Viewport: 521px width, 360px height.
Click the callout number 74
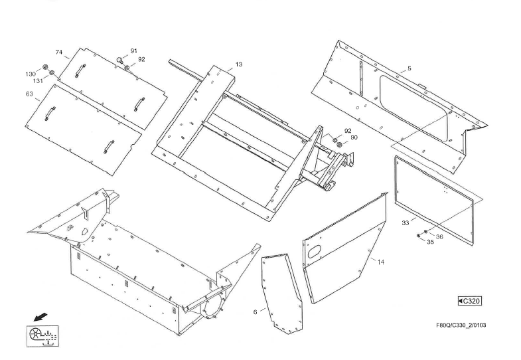click(x=58, y=52)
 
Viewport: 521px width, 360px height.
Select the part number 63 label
click(x=29, y=94)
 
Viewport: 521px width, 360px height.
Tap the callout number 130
click(x=31, y=74)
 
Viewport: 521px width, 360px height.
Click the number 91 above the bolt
click(x=133, y=51)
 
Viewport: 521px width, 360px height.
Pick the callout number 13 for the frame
click(x=239, y=64)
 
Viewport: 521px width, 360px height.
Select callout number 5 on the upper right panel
click(x=409, y=68)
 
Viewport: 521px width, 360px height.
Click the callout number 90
click(x=354, y=137)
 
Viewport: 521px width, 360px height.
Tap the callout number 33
click(x=405, y=223)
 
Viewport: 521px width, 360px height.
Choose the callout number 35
click(x=430, y=243)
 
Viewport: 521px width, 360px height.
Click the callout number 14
click(x=380, y=263)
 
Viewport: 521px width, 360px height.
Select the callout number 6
click(x=255, y=311)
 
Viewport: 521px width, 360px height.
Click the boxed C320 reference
click(x=470, y=301)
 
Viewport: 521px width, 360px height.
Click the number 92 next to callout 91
click(x=141, y=60)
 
